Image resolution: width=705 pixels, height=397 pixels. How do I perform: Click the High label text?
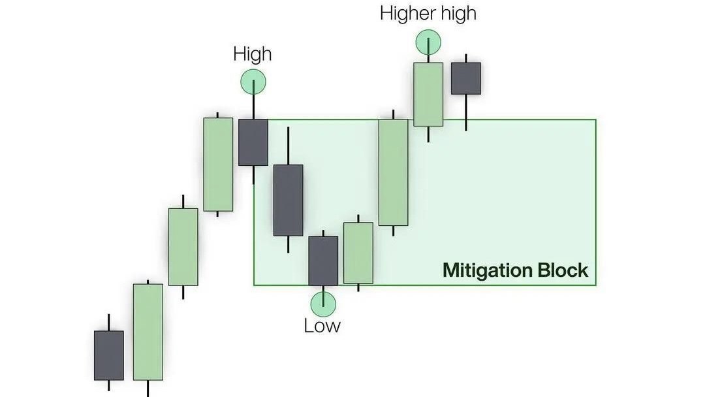point(252,54)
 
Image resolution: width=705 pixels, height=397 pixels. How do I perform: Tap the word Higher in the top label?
point(405,13)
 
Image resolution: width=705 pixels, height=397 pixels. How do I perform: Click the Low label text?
point(322,326)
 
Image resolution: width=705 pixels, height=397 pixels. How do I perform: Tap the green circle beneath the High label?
point(253,82)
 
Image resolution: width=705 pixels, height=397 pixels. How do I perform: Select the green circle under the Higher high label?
point(428,42)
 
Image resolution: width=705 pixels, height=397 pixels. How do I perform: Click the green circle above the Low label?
point(323,304)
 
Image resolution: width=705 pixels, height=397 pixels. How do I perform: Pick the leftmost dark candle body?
point(109,356)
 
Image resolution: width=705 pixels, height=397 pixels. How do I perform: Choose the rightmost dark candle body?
point(466,78)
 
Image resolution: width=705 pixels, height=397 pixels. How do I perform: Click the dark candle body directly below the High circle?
point(253,142)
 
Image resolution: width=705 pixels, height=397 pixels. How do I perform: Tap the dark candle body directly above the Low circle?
point(323,261)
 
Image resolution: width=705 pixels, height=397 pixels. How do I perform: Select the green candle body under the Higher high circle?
point(428,95)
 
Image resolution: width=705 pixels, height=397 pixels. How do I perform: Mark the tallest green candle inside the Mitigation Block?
point(394,172)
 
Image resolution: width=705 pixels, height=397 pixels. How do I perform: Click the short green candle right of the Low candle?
point(358,253)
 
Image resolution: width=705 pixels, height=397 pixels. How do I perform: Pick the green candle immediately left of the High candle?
point(218,165)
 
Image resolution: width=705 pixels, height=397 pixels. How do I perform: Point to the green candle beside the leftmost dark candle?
point(148,332)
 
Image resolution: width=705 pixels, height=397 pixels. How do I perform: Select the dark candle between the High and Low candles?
point(289,200)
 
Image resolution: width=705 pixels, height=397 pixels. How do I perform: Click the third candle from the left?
point(183,247)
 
